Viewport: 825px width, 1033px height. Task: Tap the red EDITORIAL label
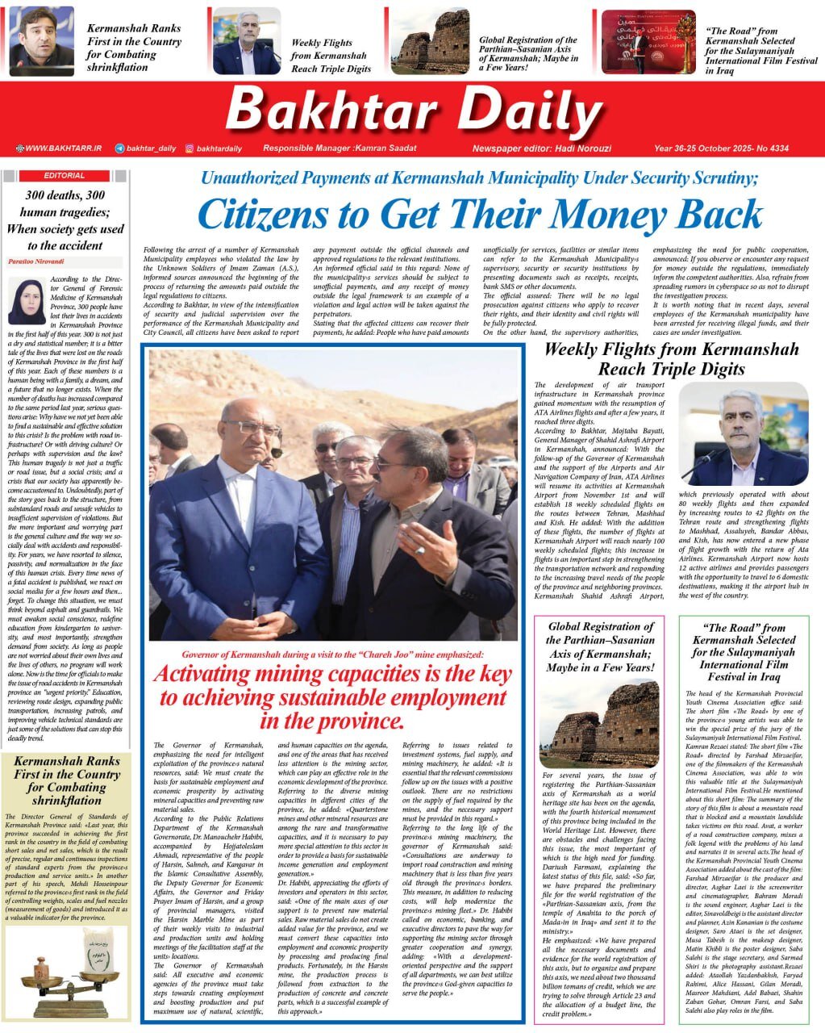[x=65, y=175]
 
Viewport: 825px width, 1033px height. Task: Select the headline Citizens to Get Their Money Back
[x=479, y=215]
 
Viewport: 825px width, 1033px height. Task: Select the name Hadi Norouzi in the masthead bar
[x=585, y=148]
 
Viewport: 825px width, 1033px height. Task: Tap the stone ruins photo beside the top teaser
[x=430, y=41]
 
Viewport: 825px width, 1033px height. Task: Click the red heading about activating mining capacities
[x=332, y=696]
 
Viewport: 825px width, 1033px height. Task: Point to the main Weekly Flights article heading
[x=671, y=359]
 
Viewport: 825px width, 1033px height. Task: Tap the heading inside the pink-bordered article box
[x=600, y=646]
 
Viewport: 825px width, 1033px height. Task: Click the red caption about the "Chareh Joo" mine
[x=332, y=655]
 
